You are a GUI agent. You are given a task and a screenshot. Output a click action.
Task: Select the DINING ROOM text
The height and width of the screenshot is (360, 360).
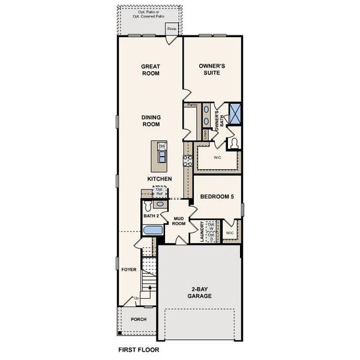point(150,121)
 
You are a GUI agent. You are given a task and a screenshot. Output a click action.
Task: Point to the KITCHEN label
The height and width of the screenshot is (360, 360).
point(160,179)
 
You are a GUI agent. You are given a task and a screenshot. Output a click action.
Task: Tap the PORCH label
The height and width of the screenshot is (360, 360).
point(139,319)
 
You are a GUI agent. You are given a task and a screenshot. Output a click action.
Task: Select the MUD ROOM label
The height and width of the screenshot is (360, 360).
point(178,221)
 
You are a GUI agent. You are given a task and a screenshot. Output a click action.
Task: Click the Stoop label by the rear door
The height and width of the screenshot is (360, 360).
point(172,28)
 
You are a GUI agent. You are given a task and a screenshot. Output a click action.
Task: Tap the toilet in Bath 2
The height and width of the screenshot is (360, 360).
point(149,205)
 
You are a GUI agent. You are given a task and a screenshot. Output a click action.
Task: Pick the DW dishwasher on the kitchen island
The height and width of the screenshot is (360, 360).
point(161,146)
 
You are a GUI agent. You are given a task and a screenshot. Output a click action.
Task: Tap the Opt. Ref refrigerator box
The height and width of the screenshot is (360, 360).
point(160,192)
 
